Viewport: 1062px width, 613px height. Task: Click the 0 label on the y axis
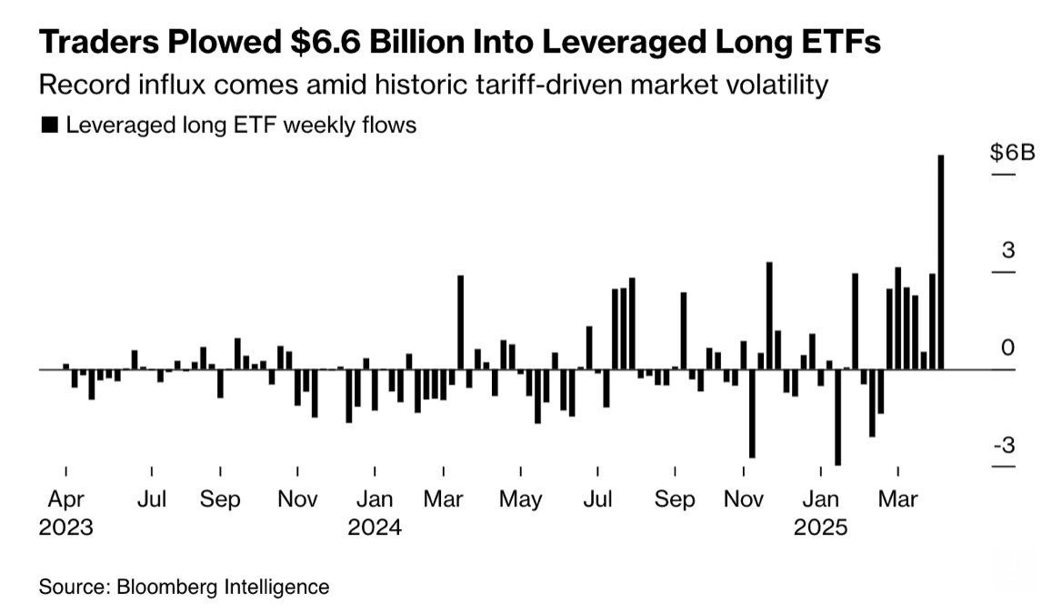tap(1007, 348)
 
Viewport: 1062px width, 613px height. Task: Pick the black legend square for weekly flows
tap(49, 126)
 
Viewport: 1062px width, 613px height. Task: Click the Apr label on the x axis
tap(65, 499)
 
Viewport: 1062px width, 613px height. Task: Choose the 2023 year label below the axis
tap(65, 528)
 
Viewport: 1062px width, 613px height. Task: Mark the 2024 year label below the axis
tap(375, 528)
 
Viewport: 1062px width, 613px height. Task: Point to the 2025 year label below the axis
tap(820, 528)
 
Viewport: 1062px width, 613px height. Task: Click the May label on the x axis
tap(521, 499)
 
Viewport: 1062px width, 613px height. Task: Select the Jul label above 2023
tap(152, 499)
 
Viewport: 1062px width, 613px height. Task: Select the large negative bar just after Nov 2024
tap(752, 413)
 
